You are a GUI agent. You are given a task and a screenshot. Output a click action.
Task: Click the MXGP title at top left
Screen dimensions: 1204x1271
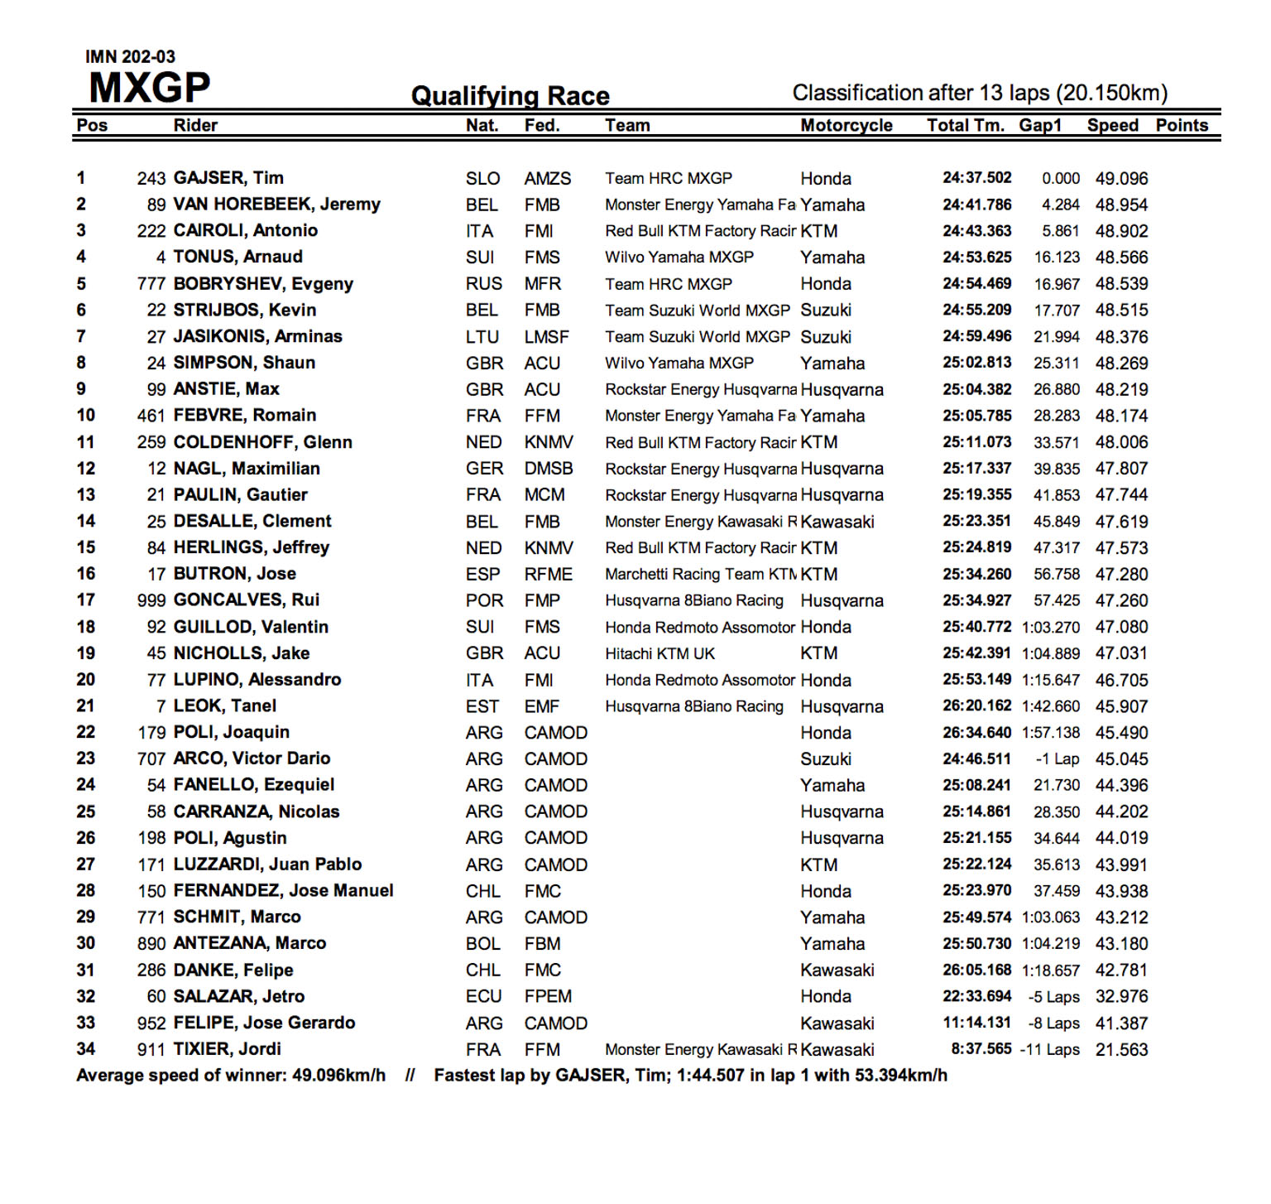(150, 87)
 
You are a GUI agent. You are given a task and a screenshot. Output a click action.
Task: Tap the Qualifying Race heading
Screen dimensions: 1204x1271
(510, 96)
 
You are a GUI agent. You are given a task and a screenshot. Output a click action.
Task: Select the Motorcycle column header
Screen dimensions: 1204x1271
(846, 125)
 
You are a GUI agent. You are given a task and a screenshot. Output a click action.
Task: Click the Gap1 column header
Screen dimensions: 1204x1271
(1040, 125)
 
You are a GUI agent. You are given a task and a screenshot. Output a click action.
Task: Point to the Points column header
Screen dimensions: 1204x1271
(1181, 125)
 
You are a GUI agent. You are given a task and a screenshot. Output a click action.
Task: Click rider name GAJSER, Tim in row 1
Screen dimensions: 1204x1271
(228, 178)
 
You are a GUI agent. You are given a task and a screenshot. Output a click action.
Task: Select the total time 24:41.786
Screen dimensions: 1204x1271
(976, 205)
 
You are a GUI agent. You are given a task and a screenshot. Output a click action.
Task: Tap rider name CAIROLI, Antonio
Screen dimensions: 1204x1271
(245, 230)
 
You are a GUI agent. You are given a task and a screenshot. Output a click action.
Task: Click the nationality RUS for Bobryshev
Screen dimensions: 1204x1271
(483, 284)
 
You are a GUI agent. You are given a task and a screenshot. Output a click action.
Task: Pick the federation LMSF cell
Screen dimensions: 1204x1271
(546, 337)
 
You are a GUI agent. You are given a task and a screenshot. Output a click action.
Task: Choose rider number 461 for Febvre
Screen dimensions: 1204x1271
(151, 416)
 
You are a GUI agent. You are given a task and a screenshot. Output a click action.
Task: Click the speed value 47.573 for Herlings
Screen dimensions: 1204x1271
(1121, 547)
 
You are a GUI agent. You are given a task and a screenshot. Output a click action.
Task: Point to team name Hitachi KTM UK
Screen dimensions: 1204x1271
(659, 653)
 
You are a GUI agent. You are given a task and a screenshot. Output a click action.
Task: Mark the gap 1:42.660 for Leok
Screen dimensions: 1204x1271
(1050, 706)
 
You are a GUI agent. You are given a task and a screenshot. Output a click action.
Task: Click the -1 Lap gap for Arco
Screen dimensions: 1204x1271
(1057, 759)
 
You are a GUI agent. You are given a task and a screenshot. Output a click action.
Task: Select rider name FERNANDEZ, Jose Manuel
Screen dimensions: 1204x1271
(283, 891)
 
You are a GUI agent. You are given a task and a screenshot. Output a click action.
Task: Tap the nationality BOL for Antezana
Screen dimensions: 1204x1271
(482, 944)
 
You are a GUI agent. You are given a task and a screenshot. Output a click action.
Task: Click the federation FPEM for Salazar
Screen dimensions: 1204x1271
(548, 996)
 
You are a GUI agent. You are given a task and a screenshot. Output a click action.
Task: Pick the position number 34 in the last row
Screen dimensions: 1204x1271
(86, 1049)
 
